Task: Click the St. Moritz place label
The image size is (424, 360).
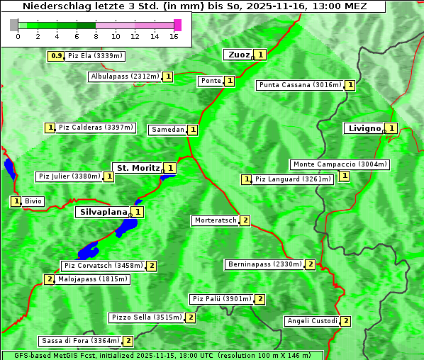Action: tap(137, 168)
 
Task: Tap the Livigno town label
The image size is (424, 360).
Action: tap(363, 128)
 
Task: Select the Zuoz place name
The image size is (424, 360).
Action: tap(238, 55)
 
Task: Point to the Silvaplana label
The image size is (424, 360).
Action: tap(103, 211)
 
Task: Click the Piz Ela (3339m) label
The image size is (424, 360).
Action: tap(95, 55)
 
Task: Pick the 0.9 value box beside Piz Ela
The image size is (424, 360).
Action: tap(55, 55)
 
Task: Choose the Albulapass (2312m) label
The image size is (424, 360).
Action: tap(125, 77)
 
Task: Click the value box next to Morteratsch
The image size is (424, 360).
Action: tap(245, 220)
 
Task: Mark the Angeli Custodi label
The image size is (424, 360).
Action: tap(312, 321)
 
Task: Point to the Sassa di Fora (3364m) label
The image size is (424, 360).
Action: tap(79, 341)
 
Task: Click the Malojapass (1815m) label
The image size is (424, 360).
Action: tap(92, 279)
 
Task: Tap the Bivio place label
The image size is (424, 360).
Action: tap(33, 201)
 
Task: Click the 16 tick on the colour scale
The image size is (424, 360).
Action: tap(174, 36)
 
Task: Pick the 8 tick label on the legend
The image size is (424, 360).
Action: tap(96, 36)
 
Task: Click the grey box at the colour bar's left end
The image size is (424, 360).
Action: tap(14, 25)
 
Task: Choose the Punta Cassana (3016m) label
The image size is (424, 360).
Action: tap(300, 85)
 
